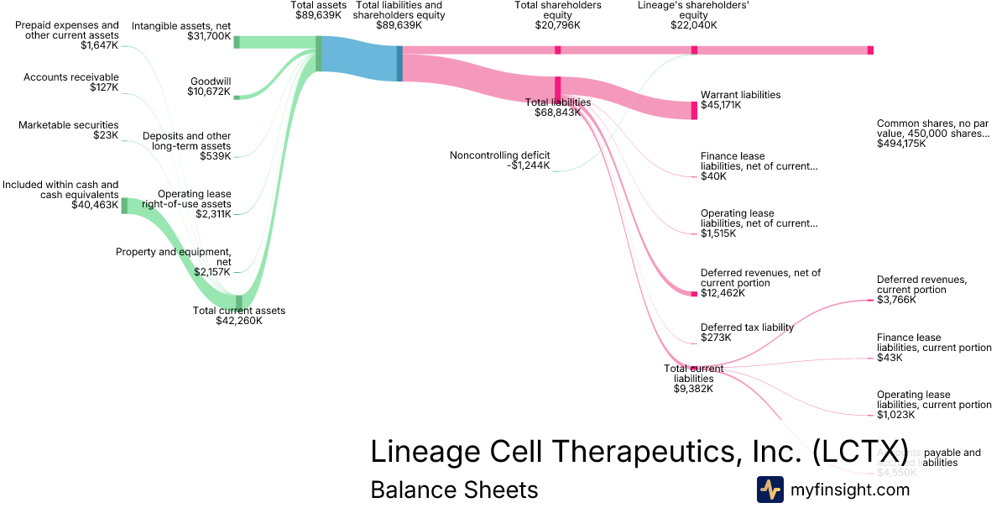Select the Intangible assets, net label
(181, 31)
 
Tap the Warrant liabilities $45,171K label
(740, 100)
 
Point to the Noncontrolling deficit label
(499, 160)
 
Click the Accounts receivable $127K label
(70, 82)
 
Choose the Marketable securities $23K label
(68, 130)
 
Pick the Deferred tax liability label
(747, 333)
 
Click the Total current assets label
(239, 315)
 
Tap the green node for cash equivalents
(124, 206)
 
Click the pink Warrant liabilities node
(694, 110)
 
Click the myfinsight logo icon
(770, 490)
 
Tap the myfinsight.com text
(850, 490)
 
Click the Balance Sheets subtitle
(454, 490)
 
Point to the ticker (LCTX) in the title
(860, 451)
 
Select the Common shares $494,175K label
(932, 133)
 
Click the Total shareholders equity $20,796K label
(558, 15)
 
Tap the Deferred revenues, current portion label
(922, 289)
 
